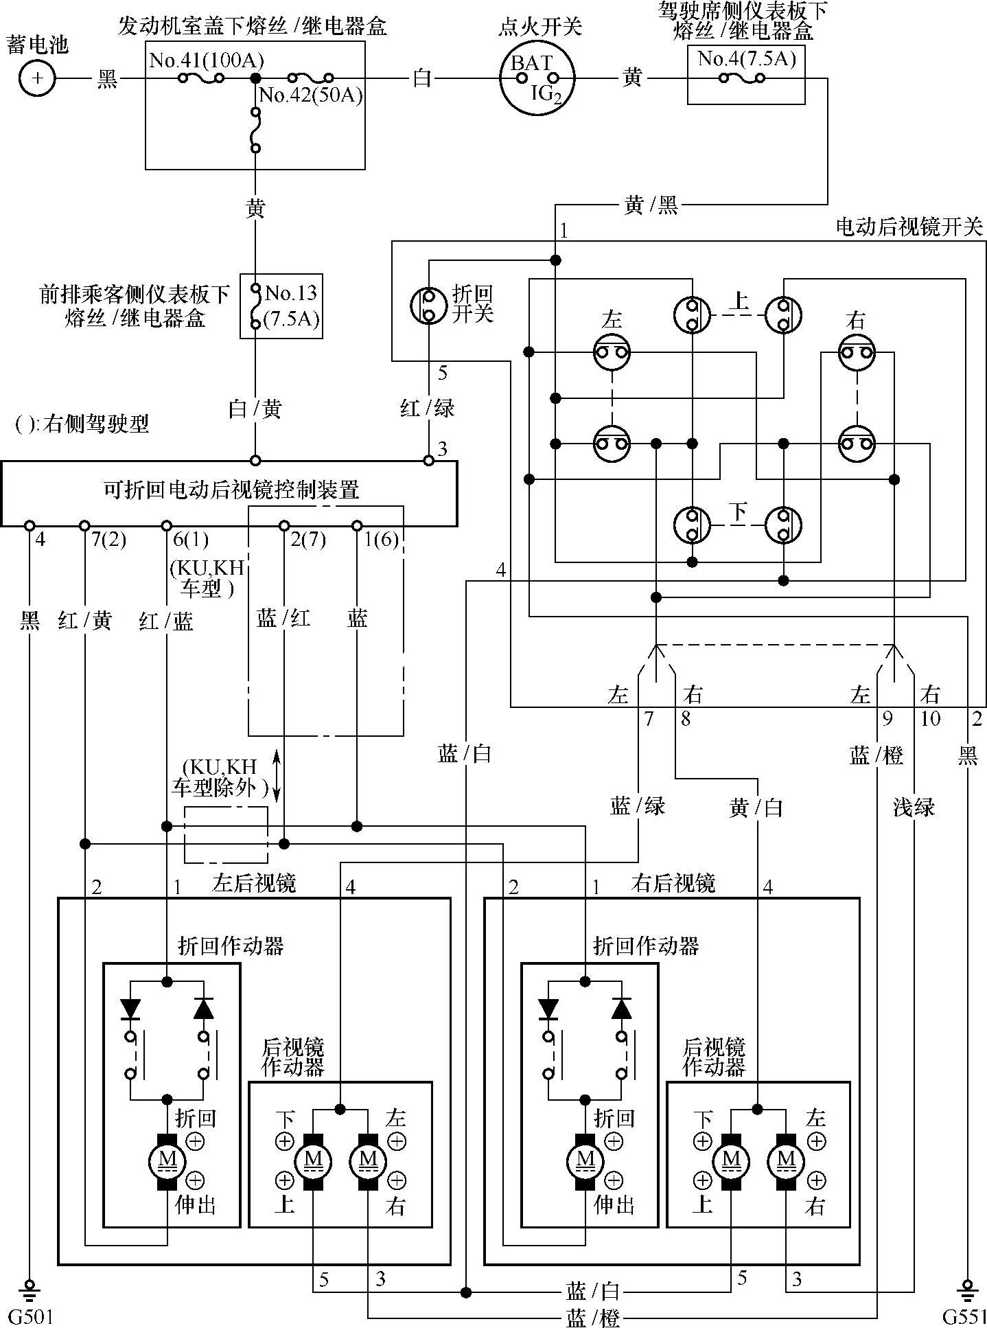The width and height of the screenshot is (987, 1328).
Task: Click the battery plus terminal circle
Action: tap(37, 78)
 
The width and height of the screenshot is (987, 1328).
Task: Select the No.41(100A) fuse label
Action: tap(207, 60)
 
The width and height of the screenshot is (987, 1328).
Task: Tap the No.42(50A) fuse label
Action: tap(311, 95)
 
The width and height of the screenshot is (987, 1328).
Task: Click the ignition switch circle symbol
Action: tap(537, 78)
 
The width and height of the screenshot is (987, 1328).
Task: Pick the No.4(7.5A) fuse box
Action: tap(746, 76)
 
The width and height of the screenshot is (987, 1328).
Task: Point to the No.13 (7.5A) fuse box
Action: tap(280, 306)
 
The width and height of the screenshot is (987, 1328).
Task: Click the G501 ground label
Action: tap(30, 1316)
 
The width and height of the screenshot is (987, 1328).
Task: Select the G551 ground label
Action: tap(964, 1316)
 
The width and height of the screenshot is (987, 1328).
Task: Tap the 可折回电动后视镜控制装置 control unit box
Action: tap(229, 492)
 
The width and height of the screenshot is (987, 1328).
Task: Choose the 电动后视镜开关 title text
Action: tap(909, 227)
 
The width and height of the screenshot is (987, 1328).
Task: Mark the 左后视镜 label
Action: tap(255, 882)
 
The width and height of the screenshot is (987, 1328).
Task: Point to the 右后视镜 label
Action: tap(673, 882)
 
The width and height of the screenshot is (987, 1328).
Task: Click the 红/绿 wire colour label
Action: tap(427, 408)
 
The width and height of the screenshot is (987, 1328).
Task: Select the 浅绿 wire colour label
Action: tap(914, 806)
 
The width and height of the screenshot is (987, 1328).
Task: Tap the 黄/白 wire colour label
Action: tap(756, 808)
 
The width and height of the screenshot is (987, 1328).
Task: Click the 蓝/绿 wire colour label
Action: tap(638, 805)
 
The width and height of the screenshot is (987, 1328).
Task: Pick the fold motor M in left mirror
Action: tap(167, 1160)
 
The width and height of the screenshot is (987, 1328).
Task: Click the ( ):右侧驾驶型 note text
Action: tap(82, 424)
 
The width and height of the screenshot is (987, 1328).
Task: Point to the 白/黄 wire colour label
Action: tap(255, 409)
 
